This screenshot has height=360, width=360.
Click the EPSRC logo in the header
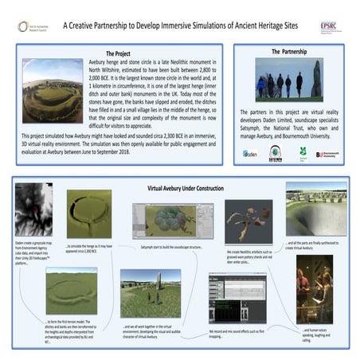328,26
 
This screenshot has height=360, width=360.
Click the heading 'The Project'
123,53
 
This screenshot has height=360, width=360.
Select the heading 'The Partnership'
288,52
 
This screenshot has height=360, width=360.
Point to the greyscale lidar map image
33,210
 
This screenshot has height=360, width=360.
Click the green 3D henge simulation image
88,213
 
